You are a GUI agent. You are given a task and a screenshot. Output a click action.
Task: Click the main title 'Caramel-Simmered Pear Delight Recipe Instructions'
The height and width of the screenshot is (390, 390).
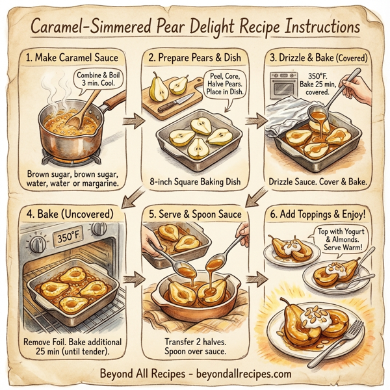(195, 28)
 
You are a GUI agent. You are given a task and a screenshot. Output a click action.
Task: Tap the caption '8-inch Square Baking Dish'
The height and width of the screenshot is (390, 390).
(195, 181)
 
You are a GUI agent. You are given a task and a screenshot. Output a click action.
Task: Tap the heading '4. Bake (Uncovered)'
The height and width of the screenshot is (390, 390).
(71, 213)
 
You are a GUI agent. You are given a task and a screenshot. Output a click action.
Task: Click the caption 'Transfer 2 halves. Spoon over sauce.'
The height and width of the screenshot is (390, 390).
(195, 346)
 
